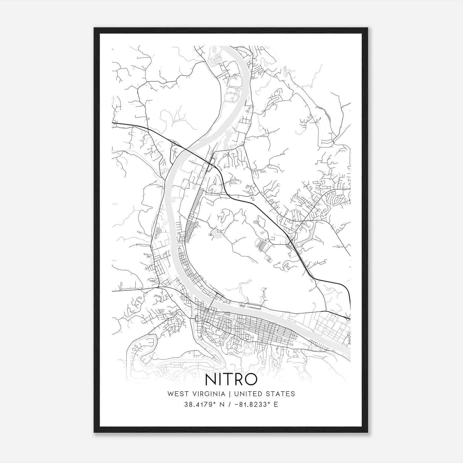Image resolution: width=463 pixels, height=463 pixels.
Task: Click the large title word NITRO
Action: tap(231, 379)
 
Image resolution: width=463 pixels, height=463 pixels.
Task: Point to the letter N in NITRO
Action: tap(211, 379)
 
